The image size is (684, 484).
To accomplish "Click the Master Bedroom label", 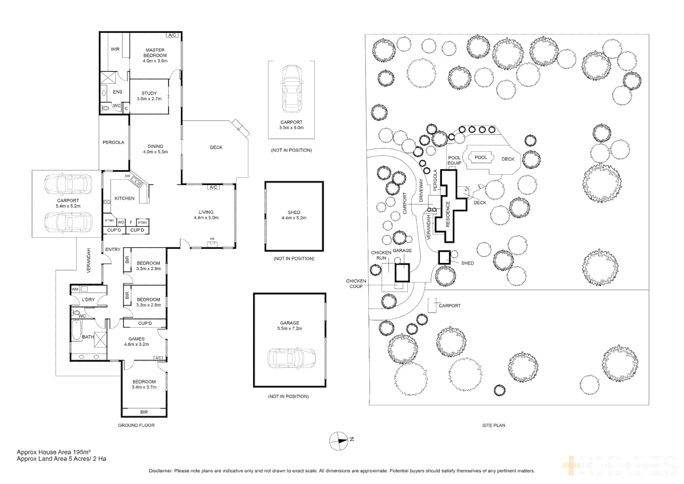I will (x=155, y=53).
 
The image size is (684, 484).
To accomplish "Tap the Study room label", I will (x=149, y=94).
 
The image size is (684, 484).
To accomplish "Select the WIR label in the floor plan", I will (x=115, y=49).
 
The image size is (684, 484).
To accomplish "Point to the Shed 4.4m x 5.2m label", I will (x=294, y=215).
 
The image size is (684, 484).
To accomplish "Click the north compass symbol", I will (x=339, y=441).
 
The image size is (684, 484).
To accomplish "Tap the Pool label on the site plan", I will (x=481, y=157).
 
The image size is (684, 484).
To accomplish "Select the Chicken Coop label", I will (x=356, y=284).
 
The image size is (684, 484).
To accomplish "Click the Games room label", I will (x=137, y=339).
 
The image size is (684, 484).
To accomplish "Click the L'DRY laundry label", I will (x=88, y=299).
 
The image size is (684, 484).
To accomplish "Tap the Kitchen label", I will (x=125, y=198).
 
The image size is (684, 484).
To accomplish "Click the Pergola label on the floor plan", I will (x=113, y=143).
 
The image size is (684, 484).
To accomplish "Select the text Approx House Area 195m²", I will (x=54, y=452).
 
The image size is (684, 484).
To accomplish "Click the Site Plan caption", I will (x=493, y=425).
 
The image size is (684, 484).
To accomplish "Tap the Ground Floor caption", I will (x=136, y=425).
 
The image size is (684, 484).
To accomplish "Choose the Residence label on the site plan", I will (x=447, y=214).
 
